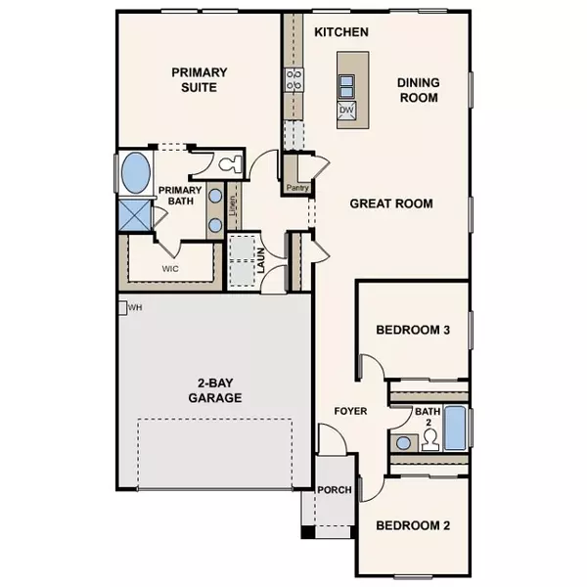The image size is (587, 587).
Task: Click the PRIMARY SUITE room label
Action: click(200, 79)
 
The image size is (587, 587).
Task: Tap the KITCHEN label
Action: click(340, 32)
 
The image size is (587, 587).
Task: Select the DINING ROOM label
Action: click(417, 91)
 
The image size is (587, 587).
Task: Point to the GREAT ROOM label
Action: click(391, 203)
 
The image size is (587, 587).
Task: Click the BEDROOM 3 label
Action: click(413, 330)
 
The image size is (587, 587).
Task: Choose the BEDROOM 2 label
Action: click(413, 525)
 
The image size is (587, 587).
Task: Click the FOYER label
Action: click(349, 411)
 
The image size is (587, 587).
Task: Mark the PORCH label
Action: click(332, 491)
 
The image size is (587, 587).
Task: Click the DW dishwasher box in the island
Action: click(345, 111)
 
